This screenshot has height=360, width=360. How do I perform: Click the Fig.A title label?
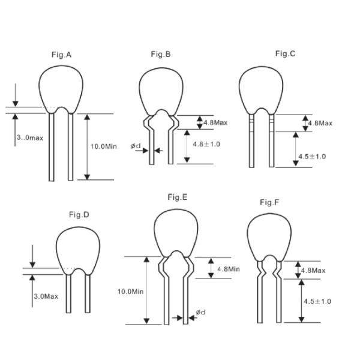[61, 55]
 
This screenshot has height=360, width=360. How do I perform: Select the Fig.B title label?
[161, 54]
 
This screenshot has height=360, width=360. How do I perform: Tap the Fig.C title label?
[285, 53]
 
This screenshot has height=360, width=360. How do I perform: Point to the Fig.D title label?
[79, 215]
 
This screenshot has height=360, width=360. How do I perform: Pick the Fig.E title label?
[178, 197]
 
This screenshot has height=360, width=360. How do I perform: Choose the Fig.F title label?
[269, 202]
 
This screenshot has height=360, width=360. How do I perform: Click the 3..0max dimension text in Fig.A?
[30, 137]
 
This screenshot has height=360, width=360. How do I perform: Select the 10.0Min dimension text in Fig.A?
[104, 146]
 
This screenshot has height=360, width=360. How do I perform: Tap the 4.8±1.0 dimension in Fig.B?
[206, 144]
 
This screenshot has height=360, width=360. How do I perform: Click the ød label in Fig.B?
[136, 146]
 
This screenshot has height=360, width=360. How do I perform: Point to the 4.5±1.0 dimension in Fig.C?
[312, 157]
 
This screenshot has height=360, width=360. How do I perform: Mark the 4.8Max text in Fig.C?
[320, 123]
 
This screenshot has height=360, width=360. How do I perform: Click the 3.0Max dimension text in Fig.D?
[46, 296]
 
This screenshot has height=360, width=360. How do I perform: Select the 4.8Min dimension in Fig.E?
[229, 269]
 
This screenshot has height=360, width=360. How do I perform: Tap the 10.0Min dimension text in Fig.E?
[130, 292]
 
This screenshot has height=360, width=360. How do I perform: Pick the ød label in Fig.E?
[200, 312]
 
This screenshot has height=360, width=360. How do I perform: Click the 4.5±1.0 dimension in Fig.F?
[317, 301]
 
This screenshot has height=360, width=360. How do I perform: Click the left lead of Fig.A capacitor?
[52, 147]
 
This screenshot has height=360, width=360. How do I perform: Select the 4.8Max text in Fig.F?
[313, 271]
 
